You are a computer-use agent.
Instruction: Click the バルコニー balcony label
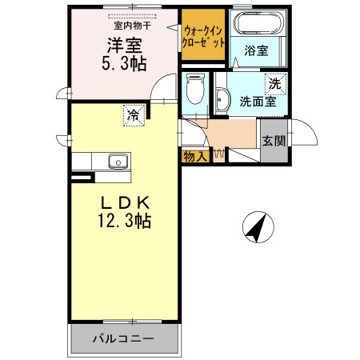point(126,338)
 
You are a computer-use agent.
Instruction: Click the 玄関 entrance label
point(273,141)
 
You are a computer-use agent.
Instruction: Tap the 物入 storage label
point(195,156)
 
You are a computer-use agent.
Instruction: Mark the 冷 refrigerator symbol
point(134,116)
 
